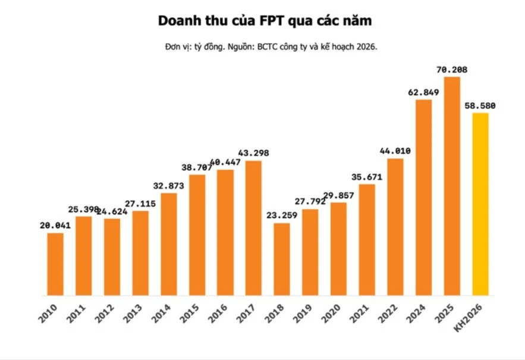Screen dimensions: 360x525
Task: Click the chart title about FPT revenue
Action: [265, 21]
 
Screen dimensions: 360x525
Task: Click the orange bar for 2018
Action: [282, 259]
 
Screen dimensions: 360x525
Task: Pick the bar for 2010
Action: [55, 264]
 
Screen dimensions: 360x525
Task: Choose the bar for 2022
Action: [395, 226]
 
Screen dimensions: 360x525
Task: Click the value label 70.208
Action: [451, 70]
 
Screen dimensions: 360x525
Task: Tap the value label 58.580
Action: [480, 106]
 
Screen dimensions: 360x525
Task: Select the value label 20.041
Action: [55, 226]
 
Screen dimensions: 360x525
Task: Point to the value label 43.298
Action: [253, 153]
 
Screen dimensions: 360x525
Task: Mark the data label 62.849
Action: [423, 92]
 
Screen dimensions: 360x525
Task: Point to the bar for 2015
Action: [197, 235]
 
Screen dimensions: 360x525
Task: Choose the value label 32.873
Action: [169, 186]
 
